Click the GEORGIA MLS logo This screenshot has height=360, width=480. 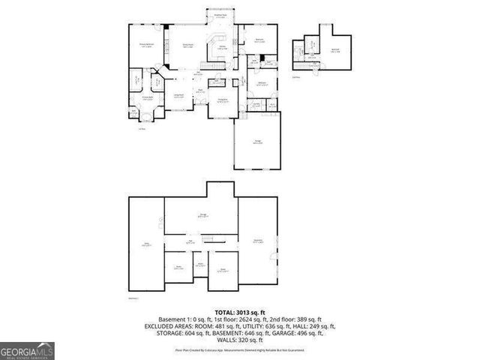(x=27, y=350)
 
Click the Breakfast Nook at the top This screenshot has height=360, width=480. (x=221, y=16)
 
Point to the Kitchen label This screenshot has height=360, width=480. (x=223, y=46)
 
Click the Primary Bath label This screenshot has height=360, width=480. (x=148, y=97)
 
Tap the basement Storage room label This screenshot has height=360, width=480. (x=202, y=215)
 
